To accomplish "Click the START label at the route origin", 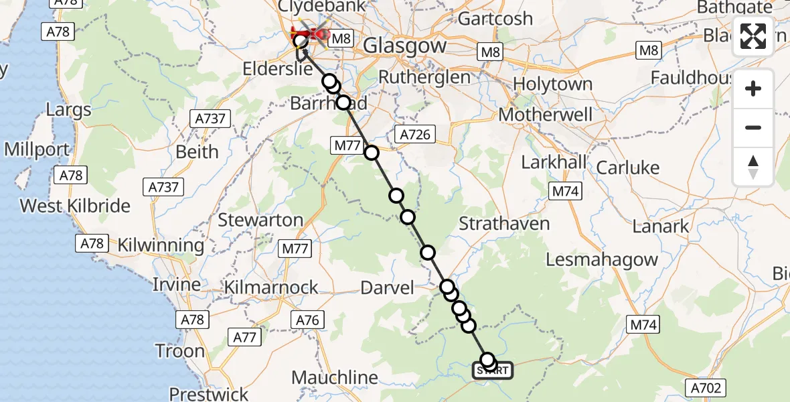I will pos(493,371).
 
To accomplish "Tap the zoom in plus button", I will pos(753,88).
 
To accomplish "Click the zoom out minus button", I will pos(753,127).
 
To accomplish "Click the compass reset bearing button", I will pos(753,167).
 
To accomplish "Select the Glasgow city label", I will pos(404,46).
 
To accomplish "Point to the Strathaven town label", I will pos(504,224).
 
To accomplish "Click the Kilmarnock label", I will pos(272,287).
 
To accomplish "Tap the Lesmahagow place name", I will pos(602,259).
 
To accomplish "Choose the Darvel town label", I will pos(387,288).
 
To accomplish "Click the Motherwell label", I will pos(546,115).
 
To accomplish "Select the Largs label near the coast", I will pos(68,109).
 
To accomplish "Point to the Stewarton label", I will pos(260,220).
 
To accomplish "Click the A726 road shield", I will pos(414,135).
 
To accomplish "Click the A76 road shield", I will pos(307,320).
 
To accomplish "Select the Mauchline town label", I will pos(335,378).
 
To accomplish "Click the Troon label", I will pos(179,351).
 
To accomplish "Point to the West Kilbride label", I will pos(75,206).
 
